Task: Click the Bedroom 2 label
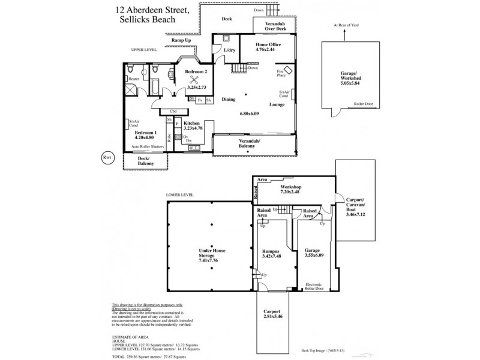[x=196, y=72]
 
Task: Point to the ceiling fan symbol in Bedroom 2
[x=195, y=79]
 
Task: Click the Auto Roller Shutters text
[x=148, y=146]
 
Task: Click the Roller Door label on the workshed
[x=364, y=104]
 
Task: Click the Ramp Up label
[x=181, y=40]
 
